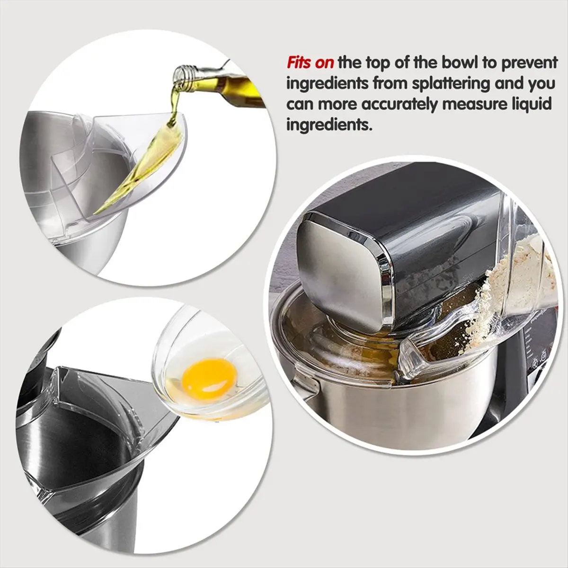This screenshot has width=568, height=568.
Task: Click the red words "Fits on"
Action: (311, 63)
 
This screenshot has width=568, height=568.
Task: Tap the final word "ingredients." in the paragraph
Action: (328, 125)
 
